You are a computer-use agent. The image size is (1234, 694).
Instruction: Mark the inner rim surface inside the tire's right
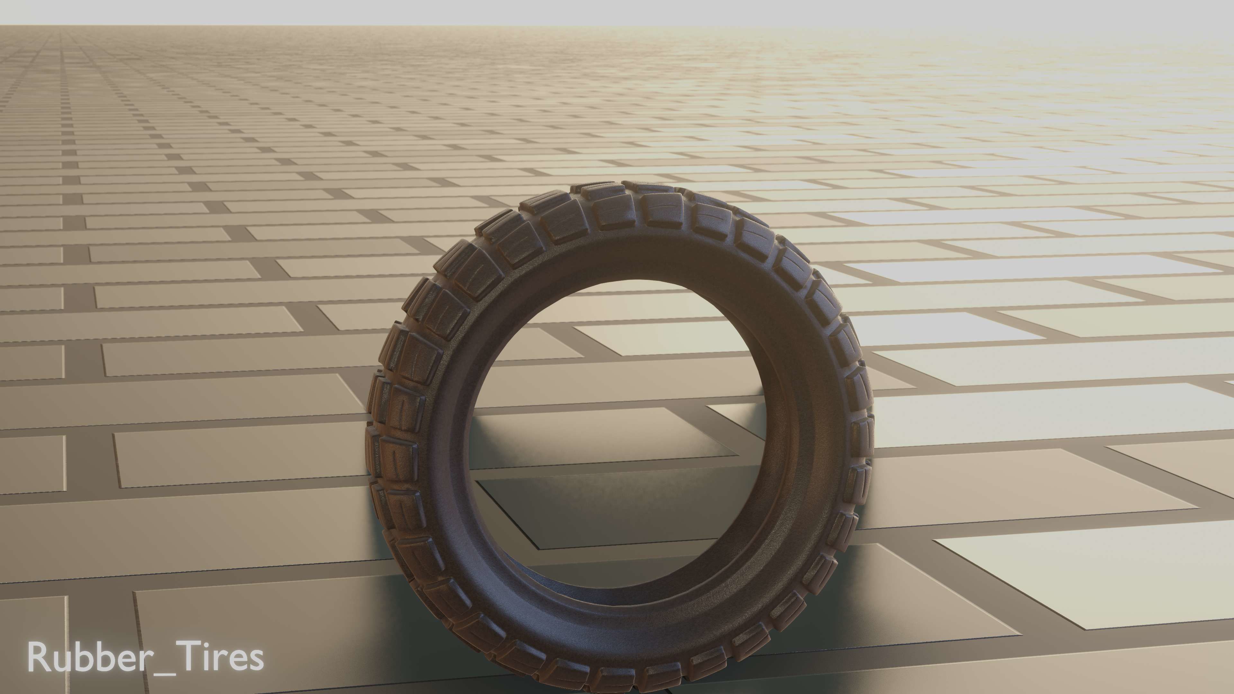[x=786, y=431]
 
